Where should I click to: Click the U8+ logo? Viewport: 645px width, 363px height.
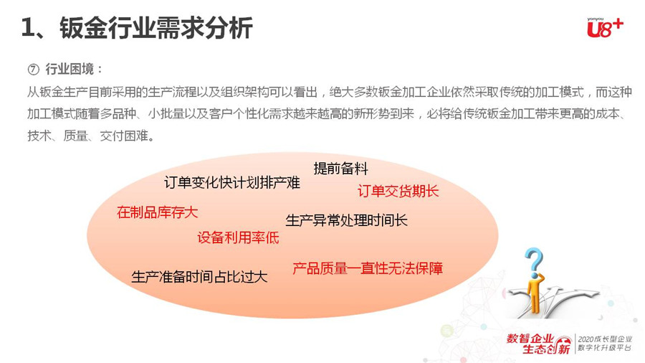605,28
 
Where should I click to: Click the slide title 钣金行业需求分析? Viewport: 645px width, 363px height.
156,29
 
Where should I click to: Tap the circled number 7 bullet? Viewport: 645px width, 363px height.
33,69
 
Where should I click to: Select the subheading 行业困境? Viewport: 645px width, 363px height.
70,69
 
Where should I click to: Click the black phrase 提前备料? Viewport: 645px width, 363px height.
340,169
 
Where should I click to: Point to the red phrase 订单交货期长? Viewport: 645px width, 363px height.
398,191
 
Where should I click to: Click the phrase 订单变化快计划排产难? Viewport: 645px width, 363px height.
232,182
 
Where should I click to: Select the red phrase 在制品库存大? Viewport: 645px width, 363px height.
157,212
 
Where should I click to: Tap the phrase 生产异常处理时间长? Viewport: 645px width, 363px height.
346,220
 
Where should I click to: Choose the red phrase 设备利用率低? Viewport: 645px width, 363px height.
238,237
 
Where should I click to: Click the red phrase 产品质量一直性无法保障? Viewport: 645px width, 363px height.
368,268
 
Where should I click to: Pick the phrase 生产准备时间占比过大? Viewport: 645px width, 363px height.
199,277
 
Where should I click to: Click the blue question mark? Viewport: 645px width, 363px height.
535,260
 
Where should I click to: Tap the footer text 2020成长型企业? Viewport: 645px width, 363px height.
605,339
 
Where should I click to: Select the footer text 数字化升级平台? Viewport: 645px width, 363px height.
605,348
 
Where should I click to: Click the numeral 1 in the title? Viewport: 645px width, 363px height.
27,29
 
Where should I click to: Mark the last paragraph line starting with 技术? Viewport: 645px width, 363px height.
91,136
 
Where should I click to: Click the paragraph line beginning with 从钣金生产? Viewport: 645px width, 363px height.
329,92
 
